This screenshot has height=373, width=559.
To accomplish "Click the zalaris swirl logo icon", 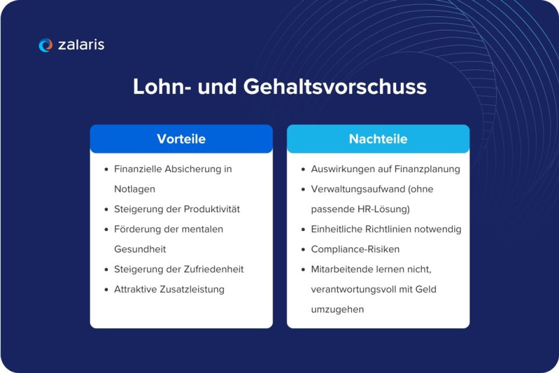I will (45, 45).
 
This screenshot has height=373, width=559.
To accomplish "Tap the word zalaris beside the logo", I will (81, 45).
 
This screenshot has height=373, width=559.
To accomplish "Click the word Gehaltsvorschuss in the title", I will (335, 87).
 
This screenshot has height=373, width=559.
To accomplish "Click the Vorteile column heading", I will (181, 139).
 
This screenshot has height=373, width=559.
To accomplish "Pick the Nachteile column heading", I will (378, 139).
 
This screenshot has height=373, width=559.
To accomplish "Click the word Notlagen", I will (135, 189).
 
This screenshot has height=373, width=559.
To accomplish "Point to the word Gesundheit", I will (140, 249).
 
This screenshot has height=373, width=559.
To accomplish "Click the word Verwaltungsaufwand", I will (358, 189).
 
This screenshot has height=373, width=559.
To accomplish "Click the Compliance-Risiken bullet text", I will (355, 249).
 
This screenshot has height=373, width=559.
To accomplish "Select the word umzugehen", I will (337, 309).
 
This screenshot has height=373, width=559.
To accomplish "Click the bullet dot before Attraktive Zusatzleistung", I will (106, 290).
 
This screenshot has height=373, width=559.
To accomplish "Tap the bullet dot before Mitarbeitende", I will (303, 270).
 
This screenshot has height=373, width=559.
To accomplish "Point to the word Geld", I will (426, 289).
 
